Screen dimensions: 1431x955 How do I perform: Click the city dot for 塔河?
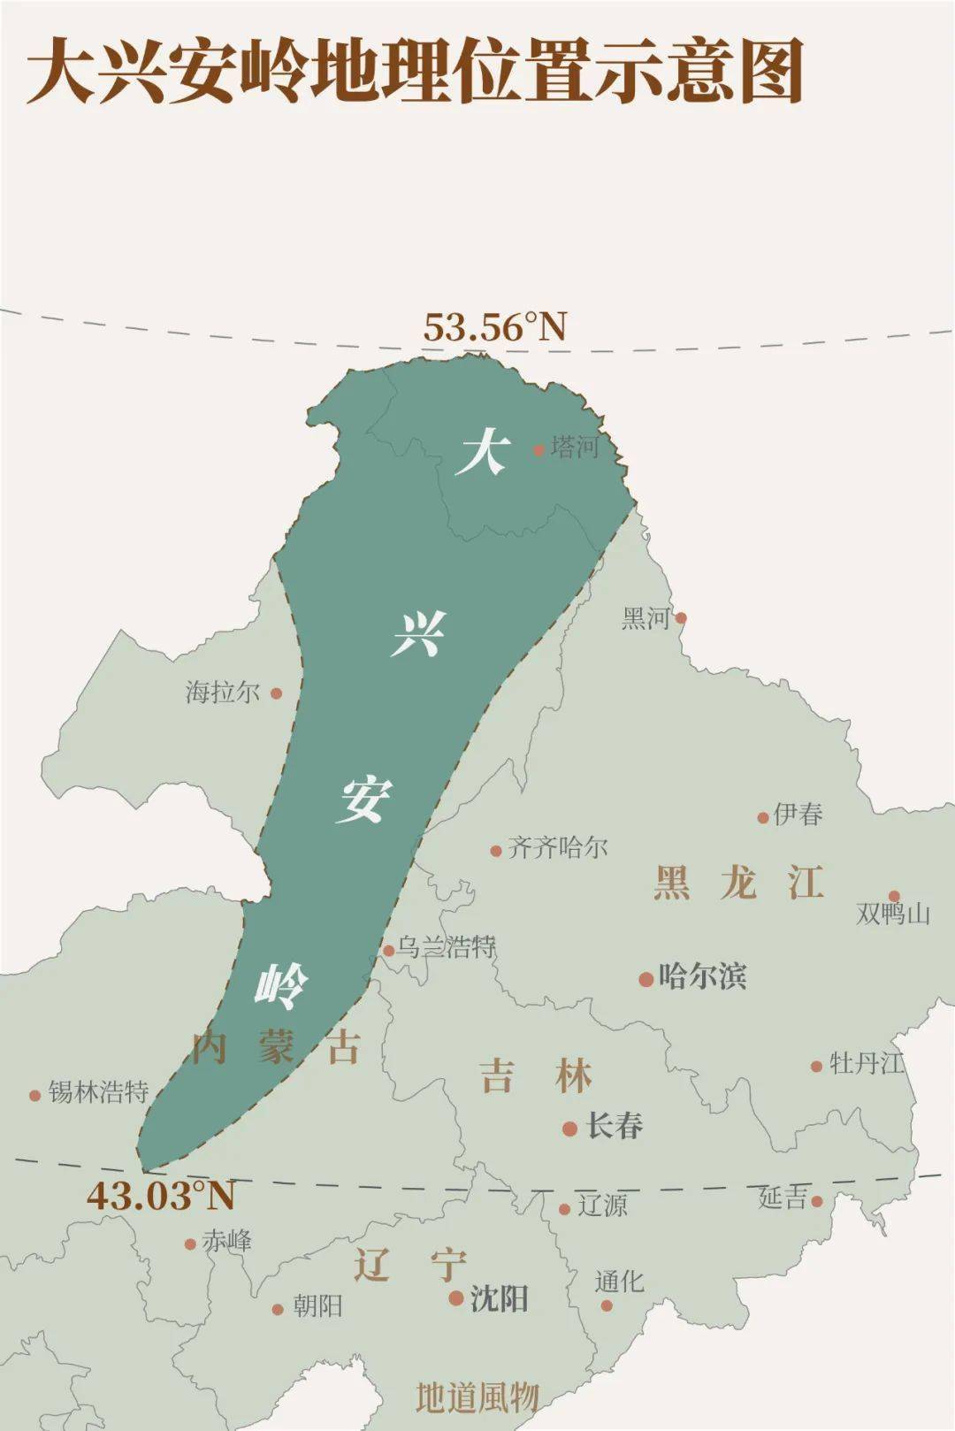tap(539, 449)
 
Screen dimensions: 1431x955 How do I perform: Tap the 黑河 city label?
tap(646, 618)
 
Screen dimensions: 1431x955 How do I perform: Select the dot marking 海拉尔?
tap(276, 693)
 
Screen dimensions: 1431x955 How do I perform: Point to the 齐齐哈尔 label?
tap(558, 848)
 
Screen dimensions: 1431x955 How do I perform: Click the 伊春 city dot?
tap(763, 817)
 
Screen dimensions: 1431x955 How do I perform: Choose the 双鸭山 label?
tap(893, 914)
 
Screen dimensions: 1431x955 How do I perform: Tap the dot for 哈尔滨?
tap(646, 979)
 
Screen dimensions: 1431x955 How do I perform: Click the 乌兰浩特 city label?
tap(446, 947)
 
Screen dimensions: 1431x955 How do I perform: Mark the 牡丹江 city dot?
tap(817, 1066)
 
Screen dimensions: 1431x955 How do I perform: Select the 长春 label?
tap(615, 1126)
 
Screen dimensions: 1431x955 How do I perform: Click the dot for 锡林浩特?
tap(35, 1095)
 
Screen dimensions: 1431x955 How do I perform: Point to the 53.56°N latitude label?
tap(494, 326)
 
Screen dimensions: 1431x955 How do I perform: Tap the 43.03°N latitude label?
tap(161, 1196)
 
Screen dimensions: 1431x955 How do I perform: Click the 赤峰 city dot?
tap(190, 1244)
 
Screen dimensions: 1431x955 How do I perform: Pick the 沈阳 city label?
tap(500, 1298)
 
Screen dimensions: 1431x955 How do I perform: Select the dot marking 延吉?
tap(817, 1201)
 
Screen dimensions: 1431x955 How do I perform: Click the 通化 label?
tap(619, 1282)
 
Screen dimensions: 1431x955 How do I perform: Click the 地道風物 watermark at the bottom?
tap(477, 1397)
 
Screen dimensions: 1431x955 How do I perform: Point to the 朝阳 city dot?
tap(278, 1309)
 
